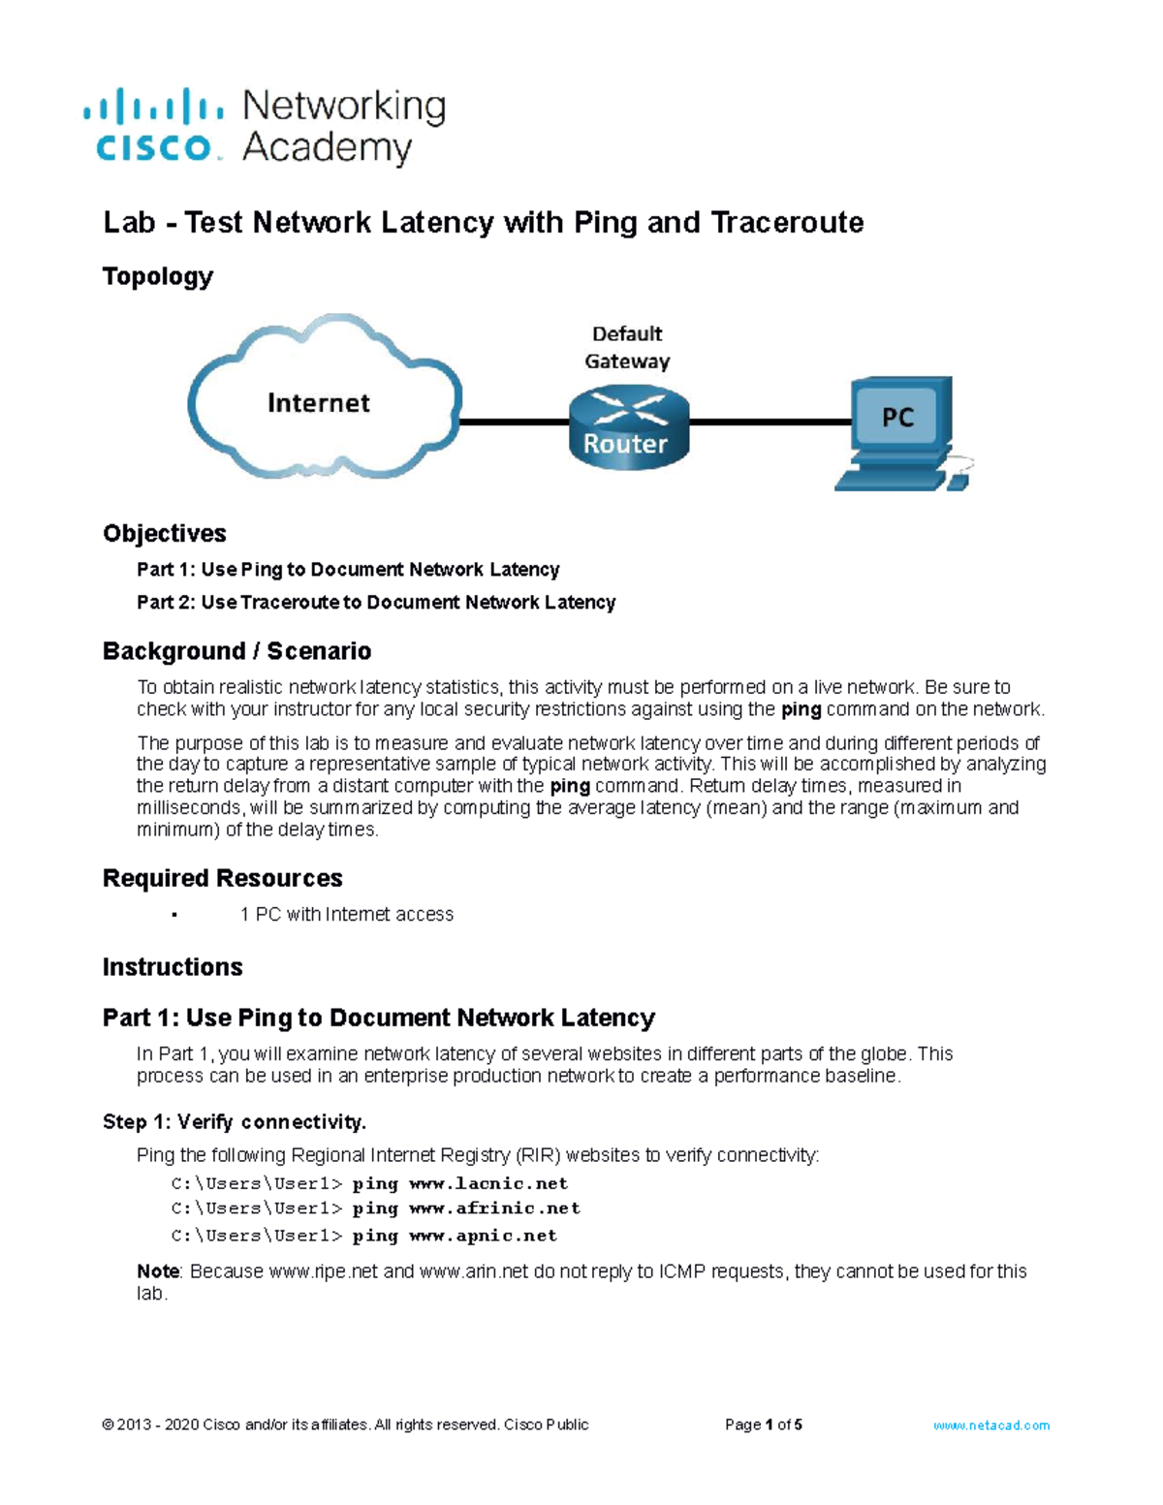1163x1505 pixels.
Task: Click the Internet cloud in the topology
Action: [320, 399]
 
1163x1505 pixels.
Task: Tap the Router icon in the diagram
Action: [627, 426]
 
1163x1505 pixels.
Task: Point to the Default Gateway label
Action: [627, 347]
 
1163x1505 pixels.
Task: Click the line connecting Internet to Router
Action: [514, 423]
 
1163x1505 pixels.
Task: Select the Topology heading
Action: [158, 277]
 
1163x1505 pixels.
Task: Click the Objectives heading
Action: [165, 534]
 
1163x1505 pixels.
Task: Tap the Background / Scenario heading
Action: [236, 651]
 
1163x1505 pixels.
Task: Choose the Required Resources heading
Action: [223, 879]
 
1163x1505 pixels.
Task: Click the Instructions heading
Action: [173, 967]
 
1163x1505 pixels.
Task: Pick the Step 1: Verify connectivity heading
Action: [235, 1122]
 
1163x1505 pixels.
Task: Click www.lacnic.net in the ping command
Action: [488, 1183]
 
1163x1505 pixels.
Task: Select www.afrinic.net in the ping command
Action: [494, 1208]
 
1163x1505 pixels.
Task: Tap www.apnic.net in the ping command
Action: [483, 1236]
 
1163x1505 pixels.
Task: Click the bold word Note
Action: [158, 1271]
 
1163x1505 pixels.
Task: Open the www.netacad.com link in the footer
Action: [991, 1426]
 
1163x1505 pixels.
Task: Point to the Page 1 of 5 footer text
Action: [764, 1426]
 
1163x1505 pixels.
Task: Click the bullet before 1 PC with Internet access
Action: [173, 915]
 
